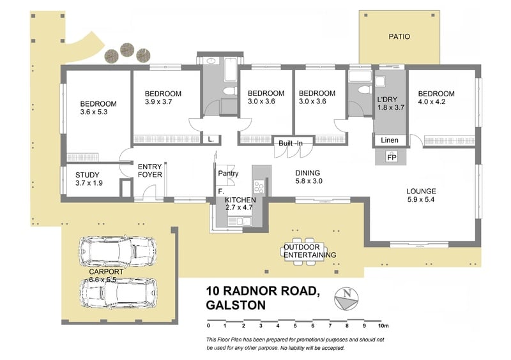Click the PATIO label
point(399,36)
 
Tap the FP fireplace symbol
point(392,158)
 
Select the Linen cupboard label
point(390,140)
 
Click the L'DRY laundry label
point(387,100)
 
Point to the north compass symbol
point(346,299)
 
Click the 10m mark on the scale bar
point(383,326)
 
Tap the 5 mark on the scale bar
point(295,326)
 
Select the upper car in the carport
point(118,250)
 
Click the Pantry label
point(228,174)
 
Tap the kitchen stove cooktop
point(259,187)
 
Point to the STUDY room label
point(88,175)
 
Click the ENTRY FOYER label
point(150,170)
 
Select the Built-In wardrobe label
point(291,143)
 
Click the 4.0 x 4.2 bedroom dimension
point(432,101)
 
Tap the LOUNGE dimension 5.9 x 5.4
point(421,199)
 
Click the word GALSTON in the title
point(236,305)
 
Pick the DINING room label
point(308,173)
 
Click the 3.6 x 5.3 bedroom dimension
point(94,112)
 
